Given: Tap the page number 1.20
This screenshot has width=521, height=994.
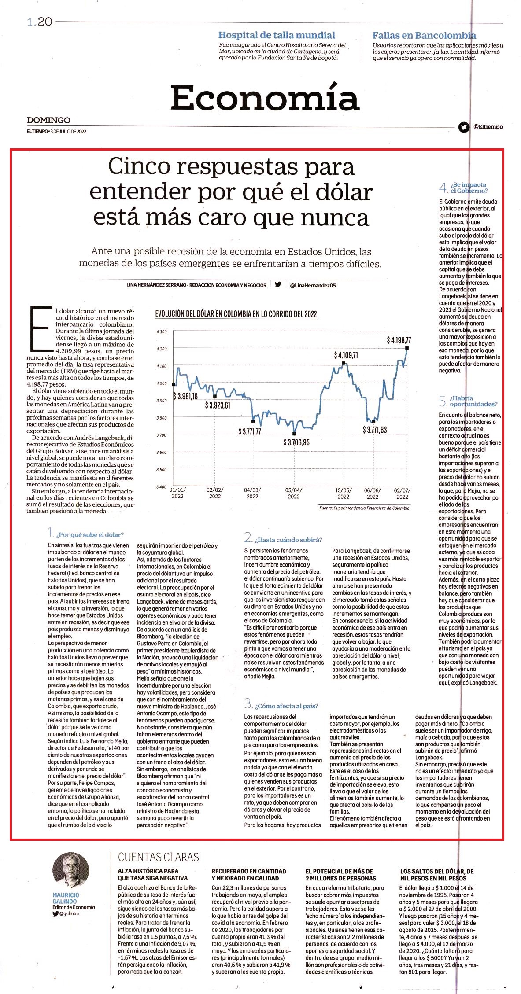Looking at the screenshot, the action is pos(40,22).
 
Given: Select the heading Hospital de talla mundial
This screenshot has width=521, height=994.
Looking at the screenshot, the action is pos(277,35).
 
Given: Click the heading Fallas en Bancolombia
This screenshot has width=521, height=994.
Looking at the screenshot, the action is pos(424,35).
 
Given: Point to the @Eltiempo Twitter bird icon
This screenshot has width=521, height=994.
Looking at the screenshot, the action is pos(464,127).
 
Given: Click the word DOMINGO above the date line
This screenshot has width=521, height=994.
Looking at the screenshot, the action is pos(48,120).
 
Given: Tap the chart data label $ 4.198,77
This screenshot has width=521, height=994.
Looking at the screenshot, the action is pos(399,340).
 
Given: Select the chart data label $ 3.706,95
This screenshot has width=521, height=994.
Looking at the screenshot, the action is pos(296,442).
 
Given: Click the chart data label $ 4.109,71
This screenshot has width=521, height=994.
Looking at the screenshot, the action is pos(346,355).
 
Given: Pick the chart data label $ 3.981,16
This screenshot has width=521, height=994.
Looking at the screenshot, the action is pos(185,396).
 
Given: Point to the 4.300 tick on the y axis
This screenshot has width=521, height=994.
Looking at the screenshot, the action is pos(162,332).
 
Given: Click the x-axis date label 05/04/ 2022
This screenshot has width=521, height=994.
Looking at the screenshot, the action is pos(294,493).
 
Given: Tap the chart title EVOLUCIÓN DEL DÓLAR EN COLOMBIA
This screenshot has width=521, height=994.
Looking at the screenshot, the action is pos(236,314).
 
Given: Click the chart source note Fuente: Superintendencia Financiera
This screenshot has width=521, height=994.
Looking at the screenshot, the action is pos(364,508).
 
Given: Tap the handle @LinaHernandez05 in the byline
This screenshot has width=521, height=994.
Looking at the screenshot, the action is pos(313,285).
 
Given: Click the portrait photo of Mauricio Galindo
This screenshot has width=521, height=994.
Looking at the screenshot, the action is pos(70,871).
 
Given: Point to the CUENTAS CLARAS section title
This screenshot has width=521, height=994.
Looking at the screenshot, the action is pos(159,857).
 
